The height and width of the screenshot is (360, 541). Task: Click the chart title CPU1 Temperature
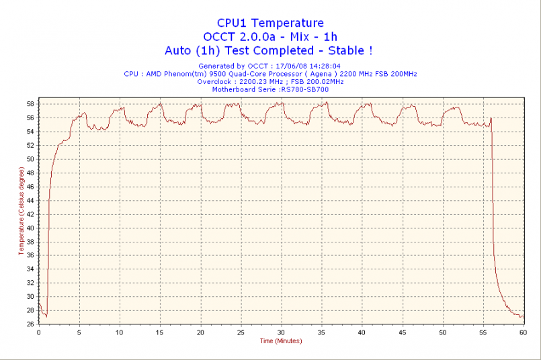coord(270,24)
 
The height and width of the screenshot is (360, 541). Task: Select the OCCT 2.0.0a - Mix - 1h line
coord(270,37)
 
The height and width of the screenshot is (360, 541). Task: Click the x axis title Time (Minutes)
coord(281,341)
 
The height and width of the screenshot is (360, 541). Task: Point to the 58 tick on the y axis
coord(30,104)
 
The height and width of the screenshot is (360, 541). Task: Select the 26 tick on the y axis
coord(30,324)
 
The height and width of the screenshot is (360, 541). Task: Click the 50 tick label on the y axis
coord(30,159)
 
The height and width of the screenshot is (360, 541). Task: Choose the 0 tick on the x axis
coord(38,332)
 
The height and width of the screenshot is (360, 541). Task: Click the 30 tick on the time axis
coord(281,332)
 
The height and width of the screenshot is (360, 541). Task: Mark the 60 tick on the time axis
coord(524,332)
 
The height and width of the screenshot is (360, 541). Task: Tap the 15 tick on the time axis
coord(160,332)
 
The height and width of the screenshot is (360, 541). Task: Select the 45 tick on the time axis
coord(403,332)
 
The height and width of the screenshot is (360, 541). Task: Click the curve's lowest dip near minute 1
coord(46,316)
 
